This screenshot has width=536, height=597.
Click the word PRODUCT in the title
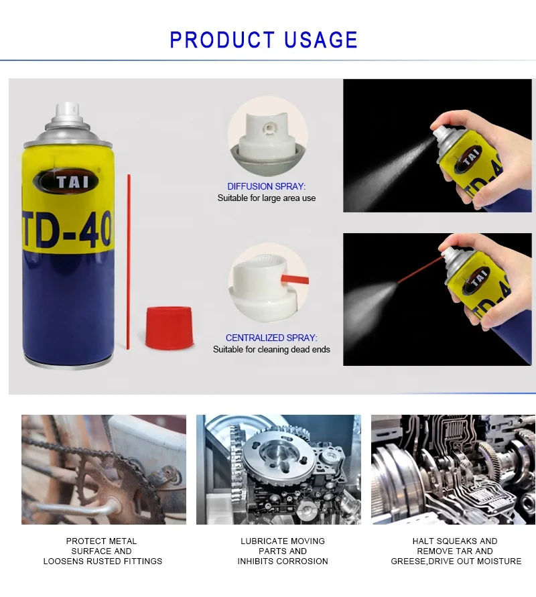218,40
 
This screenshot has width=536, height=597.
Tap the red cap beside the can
169,327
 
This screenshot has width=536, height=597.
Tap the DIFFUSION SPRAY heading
266,186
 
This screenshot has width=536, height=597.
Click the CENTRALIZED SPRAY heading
271,338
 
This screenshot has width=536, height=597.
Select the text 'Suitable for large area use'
266,198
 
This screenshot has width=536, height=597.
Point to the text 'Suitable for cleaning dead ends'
271,350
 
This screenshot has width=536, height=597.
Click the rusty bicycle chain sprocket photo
103,469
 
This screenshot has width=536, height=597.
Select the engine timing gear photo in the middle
278,469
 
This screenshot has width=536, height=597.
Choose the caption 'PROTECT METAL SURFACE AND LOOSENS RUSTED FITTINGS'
103,551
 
